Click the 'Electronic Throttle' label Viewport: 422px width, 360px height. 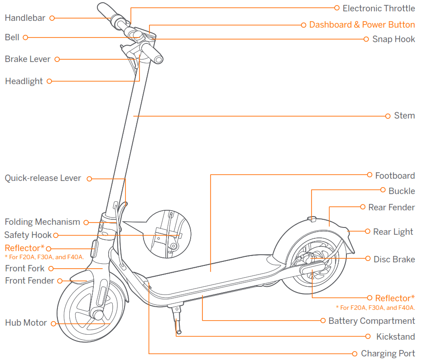pyautogui.click(x=379, y=8)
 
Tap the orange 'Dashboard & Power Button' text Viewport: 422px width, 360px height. pyautogui.click(x=362, y=24)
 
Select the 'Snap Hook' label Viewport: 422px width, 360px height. pyautogui.click(x=393, y=39)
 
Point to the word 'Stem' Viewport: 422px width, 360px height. pyautogui.click(x=404, y=115)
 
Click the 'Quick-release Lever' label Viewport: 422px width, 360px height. pyautogui.click(x=43, y=178)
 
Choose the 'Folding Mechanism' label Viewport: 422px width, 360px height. pyautogui.click(x=42, y=222)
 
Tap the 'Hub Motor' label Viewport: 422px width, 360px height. pyautogui.click(x=26, y=322)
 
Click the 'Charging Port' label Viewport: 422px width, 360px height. pyautogui.click(x=388, y=353)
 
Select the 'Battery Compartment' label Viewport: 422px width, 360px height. pyautogui.click(x=371, y=321)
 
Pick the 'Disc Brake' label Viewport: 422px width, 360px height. pyautogui.click(x=394, y=259)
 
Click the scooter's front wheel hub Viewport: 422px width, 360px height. pyautogui.click(x=96, y=313)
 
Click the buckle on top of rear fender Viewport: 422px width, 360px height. pyautogui.click(x=312, y=219)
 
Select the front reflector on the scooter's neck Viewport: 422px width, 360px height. pyautogui.click(x=95, y=248)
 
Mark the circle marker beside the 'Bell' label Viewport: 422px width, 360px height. pyautogui.click(x=26, y=38)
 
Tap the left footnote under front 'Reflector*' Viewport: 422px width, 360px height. pyautogui.click(x=44, y=257)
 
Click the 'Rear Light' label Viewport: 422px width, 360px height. pyautogui.click(x=393, y=232)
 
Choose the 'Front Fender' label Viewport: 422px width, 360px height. pyautogui.click(x=29, y=280)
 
